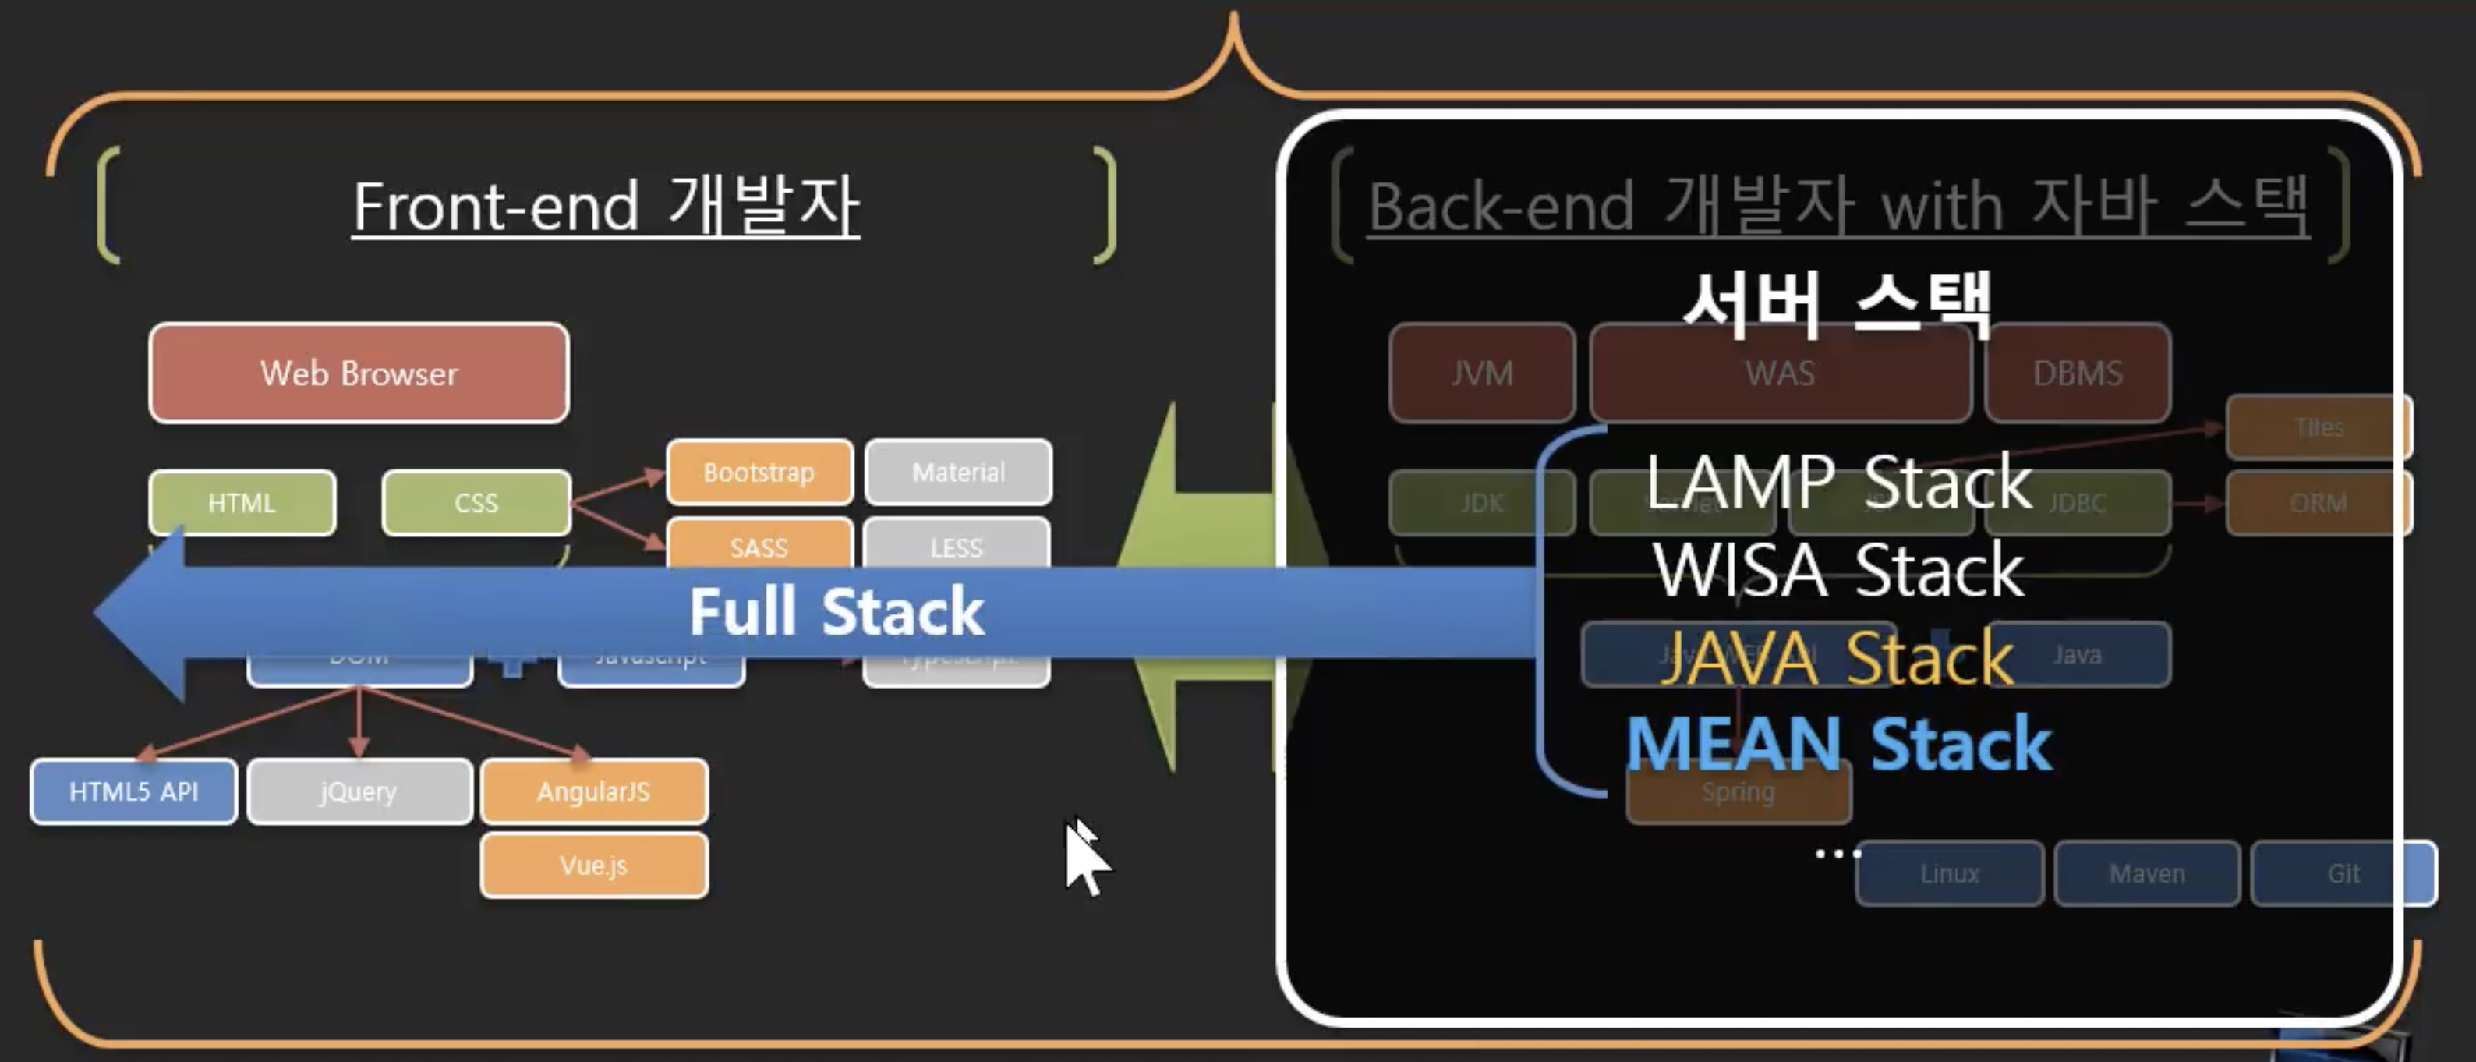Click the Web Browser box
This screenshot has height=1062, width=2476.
coord(359,373)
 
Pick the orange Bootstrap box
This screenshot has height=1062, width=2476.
coord(759,472)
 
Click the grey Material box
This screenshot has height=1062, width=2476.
coord(958,472)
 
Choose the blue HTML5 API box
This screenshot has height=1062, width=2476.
coord(133,791)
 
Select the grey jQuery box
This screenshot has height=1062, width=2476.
coord(359,791)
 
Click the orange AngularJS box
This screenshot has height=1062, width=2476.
coord(594,791)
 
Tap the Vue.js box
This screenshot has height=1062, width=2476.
coord(594,865)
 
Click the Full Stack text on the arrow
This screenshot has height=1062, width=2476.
coord(837,611)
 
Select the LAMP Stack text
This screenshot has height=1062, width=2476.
coord(1838,483)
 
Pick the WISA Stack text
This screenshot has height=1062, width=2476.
coord(1838,570)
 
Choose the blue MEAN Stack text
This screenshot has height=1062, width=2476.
coord(1838,745)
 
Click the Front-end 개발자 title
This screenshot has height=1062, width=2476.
coord(606,206)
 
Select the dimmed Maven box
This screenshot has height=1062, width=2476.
coord(2146,873)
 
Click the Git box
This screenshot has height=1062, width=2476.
coord(2343,873)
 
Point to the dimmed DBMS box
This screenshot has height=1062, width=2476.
coord(2077,373)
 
